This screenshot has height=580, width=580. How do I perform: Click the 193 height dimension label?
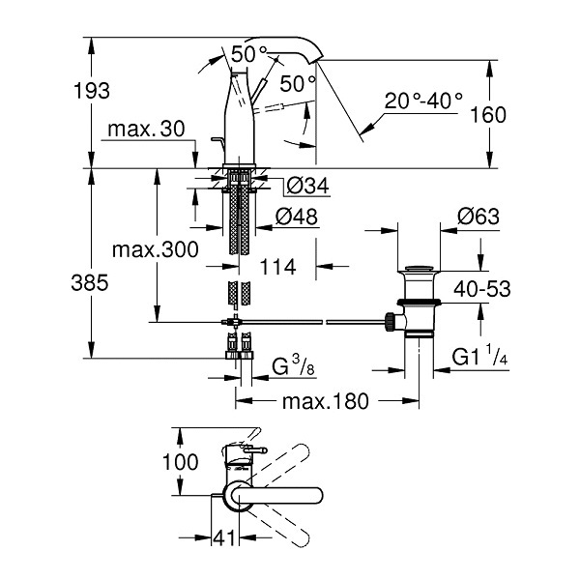(x=92, y=91)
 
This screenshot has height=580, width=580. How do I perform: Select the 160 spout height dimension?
(x=488, y=115)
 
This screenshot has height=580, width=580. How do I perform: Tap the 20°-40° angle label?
(x=423, y=101)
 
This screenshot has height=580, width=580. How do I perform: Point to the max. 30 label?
(x=146, y=130)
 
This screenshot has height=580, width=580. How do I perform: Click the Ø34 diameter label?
(x=307, y=186)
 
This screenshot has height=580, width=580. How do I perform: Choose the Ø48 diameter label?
(x=297, y=217)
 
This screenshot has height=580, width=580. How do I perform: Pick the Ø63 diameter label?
(x=478, y=217)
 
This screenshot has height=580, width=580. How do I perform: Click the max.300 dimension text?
(x=156, y=250)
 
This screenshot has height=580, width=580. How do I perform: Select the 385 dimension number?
(x=90, y=283)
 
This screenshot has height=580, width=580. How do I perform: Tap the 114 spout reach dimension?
(x=277, y=267)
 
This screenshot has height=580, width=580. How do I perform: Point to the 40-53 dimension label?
(x=482, y=289)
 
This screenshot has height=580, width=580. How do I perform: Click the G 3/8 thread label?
(x=293, y=365)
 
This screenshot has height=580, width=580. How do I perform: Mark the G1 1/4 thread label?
(x=479, y=355)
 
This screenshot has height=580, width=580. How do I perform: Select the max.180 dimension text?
(x=326, y=401)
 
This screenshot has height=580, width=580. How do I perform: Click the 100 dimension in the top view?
(x=181, y=462)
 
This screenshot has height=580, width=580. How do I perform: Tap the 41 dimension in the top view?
(x=224, y=537)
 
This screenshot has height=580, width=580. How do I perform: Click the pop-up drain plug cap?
(x=420, y=268)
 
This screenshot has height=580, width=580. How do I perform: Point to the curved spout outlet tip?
(x=317, y=60)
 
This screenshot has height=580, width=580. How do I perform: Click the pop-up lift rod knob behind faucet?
(x=216, y=139)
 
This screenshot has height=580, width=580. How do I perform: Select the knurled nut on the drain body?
(x=391, y=322)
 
